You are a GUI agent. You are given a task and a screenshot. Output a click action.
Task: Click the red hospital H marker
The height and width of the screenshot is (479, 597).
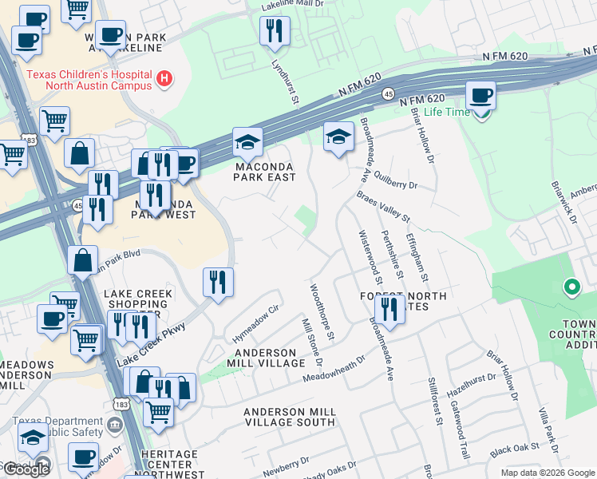tap(164, 78)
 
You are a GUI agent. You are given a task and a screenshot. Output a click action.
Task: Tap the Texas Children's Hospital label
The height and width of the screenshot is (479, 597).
tap(89, 80)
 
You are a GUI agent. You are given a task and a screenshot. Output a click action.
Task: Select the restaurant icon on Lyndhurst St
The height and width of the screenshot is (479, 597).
tap(275, 32)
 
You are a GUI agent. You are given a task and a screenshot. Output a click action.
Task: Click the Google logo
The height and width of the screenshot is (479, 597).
tap(26, 469)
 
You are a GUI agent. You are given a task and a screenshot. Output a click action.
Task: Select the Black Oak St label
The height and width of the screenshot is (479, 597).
tap(512, 450)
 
